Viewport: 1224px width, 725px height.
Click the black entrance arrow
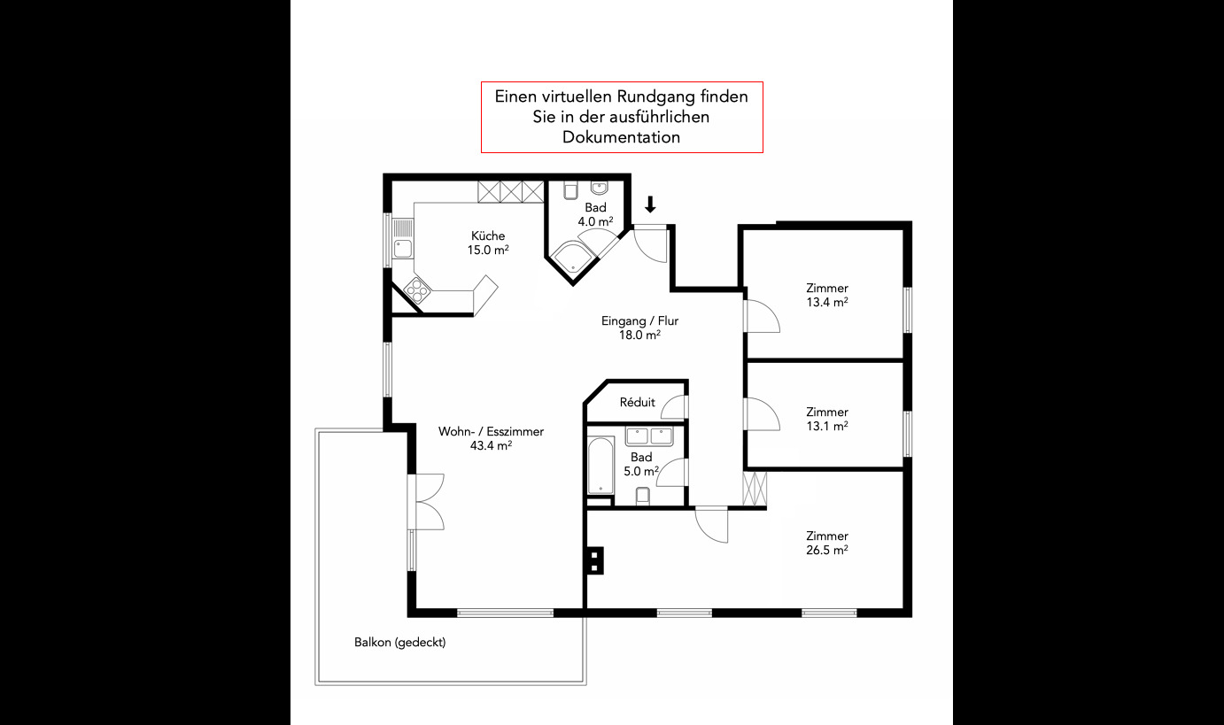point(650,204)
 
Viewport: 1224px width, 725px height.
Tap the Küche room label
point(488,236)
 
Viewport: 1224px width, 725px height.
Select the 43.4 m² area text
point(491,446)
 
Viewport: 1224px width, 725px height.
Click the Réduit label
point(637,403)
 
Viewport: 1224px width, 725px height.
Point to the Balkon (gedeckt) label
point(400,643)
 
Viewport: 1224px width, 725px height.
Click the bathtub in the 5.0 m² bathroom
point(601,465)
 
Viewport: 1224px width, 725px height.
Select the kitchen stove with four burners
point(417,290)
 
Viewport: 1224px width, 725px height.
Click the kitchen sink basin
point(403,249)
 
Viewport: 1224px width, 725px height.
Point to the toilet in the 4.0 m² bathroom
point(570,189)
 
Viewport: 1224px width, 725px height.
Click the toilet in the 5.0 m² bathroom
point(643,497)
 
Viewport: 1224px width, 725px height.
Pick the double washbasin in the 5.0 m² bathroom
point(649,436)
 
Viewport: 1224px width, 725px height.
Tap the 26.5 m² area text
point(826,551)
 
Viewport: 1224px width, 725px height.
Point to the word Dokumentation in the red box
point(621,137)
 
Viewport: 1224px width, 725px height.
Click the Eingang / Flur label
point(639,321)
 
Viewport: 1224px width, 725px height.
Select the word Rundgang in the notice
point(656,96)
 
